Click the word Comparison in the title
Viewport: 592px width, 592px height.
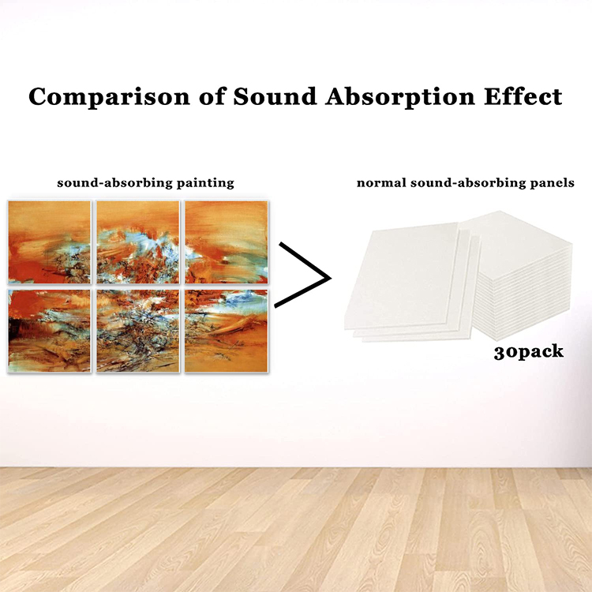click(x=109, y=97)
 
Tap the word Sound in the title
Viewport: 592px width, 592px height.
click(x=275, y=96)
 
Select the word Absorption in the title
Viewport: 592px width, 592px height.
click(x=400, y=97)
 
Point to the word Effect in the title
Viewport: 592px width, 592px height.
click(x=523, y=96)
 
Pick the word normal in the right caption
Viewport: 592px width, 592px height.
click(x=381, y=183)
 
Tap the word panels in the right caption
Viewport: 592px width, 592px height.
click(x=553, y=183)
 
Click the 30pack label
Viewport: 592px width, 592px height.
click(x=529, y=352)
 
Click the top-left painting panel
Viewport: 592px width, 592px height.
click(x=50, y=242)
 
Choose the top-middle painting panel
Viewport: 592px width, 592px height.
click(x=138, y=242)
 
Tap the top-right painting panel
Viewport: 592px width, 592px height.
click(x=227, y=242)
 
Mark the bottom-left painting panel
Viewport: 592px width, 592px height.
click(x=50, y=331)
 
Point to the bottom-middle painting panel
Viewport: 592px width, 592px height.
click(x=138, y=331)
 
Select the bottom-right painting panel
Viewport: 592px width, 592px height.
click(x=227, y=331)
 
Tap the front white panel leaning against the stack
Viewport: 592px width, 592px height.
click(x=402, y=275)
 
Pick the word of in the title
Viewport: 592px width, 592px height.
click(x=212, y=96)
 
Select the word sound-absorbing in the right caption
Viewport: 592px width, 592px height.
click(x=468, y=183)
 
